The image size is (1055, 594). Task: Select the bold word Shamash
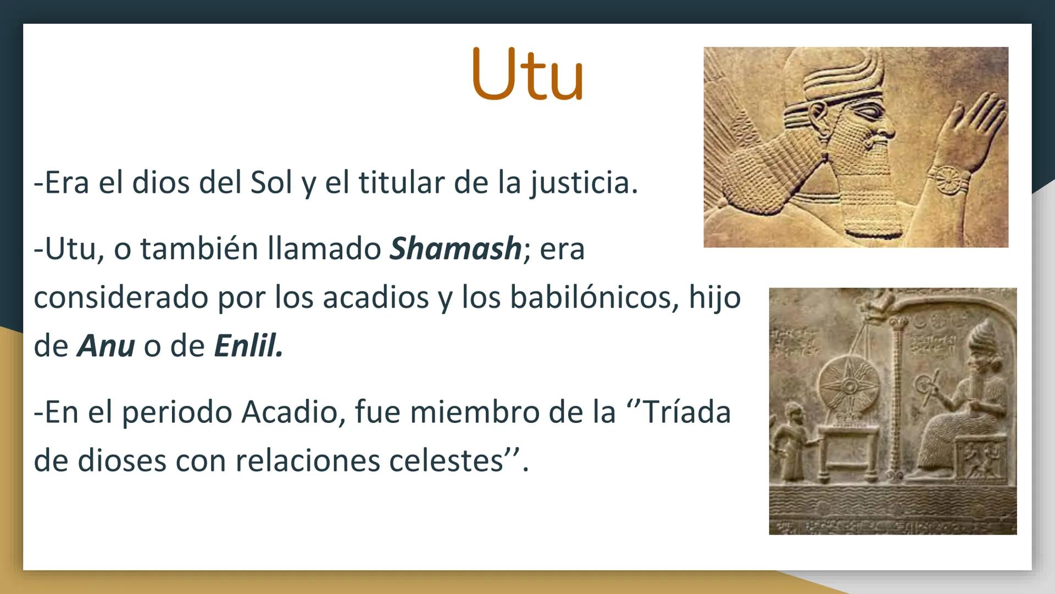[455, 249]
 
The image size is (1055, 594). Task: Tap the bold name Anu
[106, 346]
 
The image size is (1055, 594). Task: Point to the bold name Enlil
[248, 346]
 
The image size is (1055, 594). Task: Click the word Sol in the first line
[271, 183]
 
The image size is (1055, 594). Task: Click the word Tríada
[686, 412]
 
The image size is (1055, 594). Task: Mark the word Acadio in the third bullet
[289, 412]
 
